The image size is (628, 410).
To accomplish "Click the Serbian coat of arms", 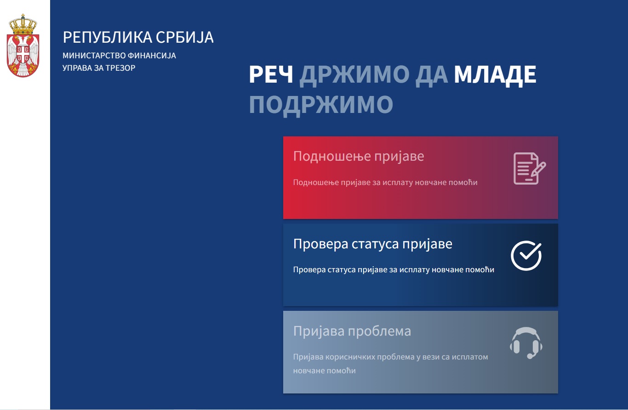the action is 23,45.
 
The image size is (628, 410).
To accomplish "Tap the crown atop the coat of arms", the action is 23,25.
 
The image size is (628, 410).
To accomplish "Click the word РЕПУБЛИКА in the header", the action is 108,37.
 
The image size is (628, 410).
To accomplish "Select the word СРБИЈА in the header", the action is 185,37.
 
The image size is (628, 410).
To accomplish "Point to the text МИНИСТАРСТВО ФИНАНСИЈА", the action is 119,56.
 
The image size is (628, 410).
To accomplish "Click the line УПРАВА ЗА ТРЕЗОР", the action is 99,68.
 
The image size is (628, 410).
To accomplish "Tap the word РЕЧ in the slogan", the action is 271,74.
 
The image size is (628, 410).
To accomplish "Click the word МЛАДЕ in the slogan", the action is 495,75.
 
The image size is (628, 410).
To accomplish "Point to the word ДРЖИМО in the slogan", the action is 354,75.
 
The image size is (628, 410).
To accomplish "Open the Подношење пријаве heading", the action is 359,156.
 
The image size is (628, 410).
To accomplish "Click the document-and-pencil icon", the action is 530,168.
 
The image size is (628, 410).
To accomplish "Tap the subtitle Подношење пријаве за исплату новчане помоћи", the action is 385,182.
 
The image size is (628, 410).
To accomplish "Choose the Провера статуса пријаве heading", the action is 372,244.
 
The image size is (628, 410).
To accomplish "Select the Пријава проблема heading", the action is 352,331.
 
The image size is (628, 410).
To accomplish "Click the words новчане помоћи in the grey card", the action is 325,371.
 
